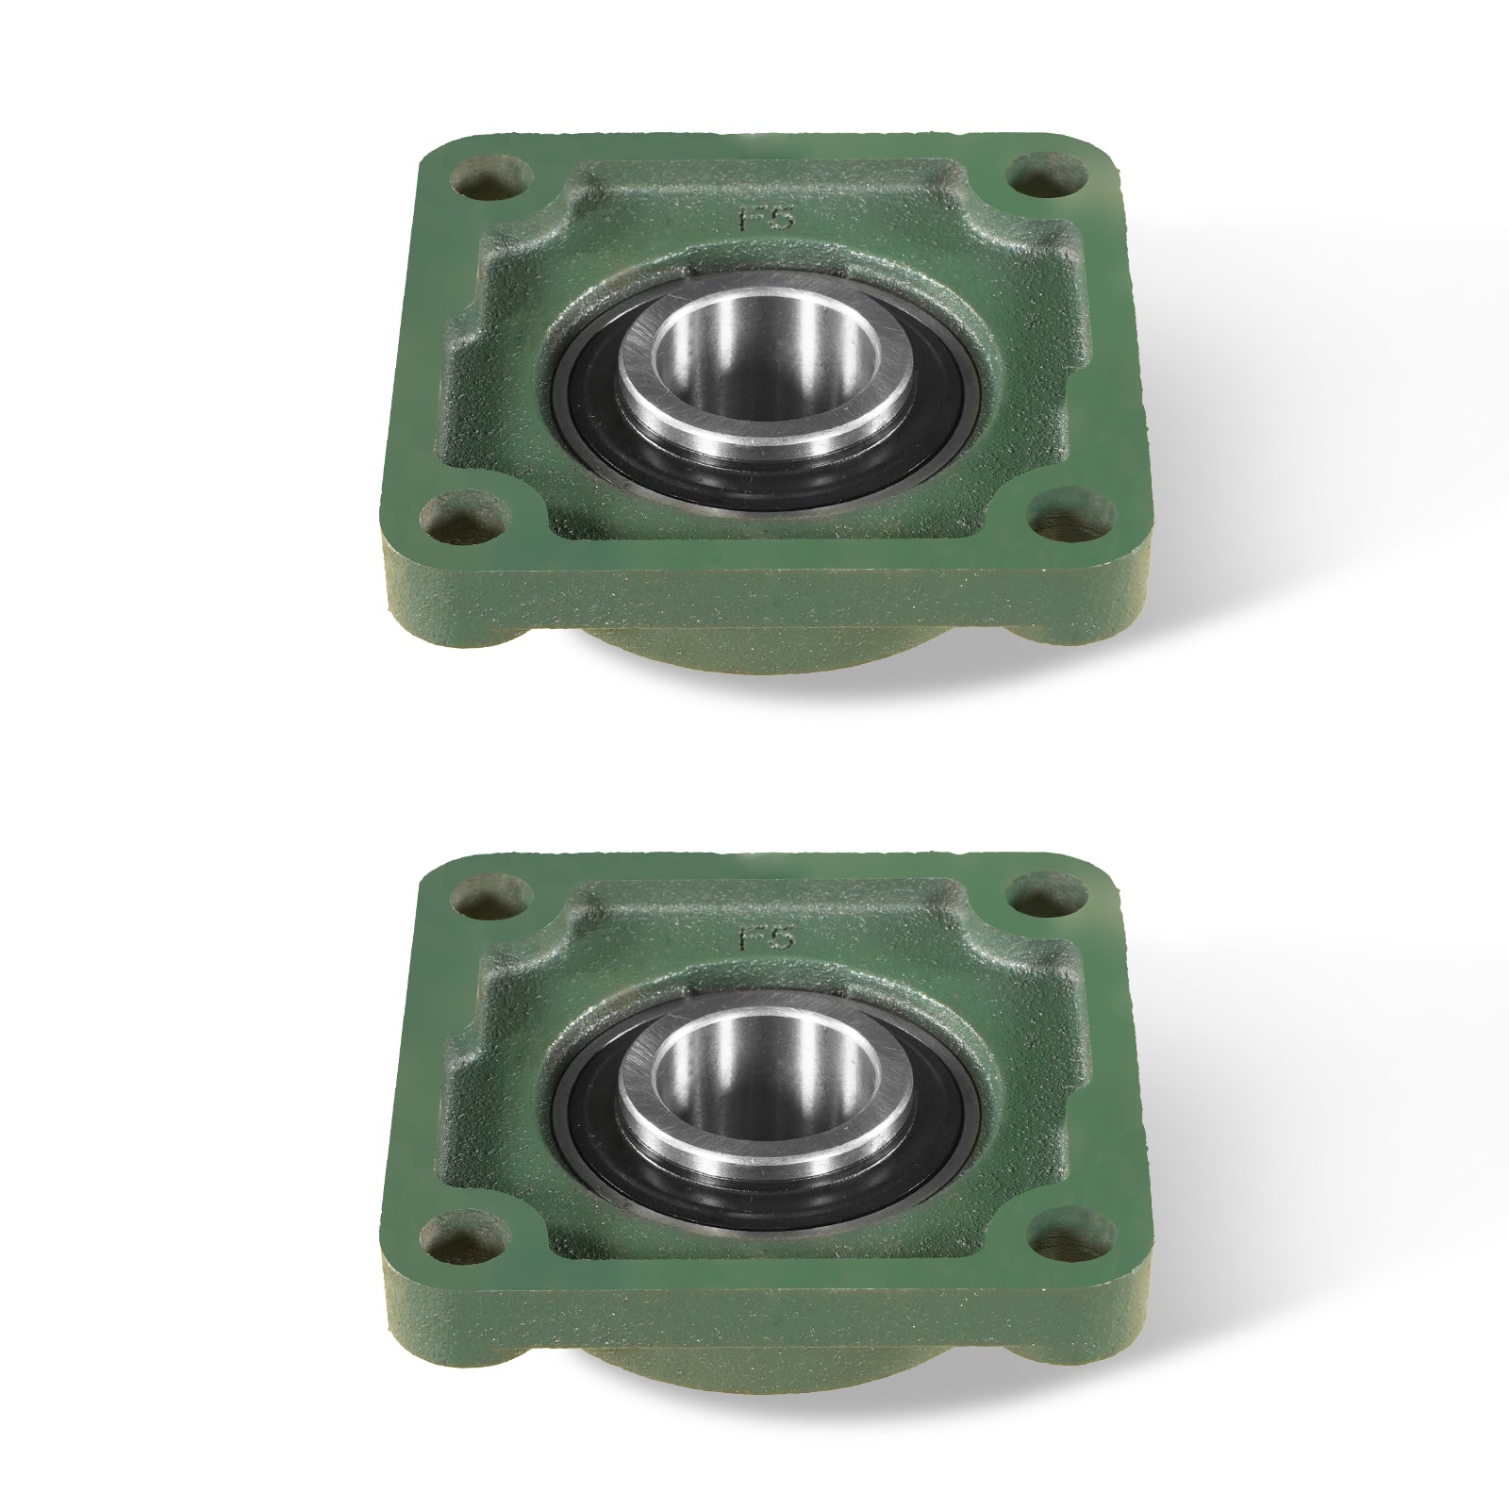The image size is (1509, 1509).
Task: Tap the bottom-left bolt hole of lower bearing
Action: (x=463, y=1236)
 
